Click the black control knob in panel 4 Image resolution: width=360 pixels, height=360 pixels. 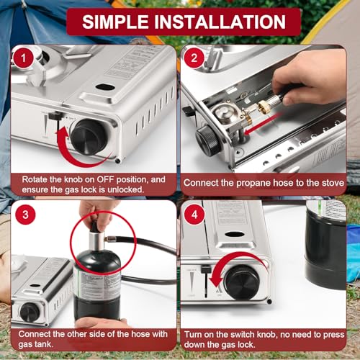(240, 282)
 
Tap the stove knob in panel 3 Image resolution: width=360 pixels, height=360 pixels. (30, 312)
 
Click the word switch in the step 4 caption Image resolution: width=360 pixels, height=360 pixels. (246, 339)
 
